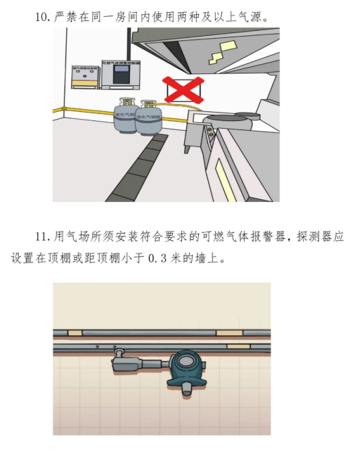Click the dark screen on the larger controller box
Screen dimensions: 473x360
[122, 75]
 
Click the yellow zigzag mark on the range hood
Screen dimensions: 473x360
[228, 47]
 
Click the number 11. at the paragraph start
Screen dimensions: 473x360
[42, 237]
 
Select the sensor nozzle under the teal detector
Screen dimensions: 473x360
[186, 389]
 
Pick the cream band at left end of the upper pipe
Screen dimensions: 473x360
[75, 333]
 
